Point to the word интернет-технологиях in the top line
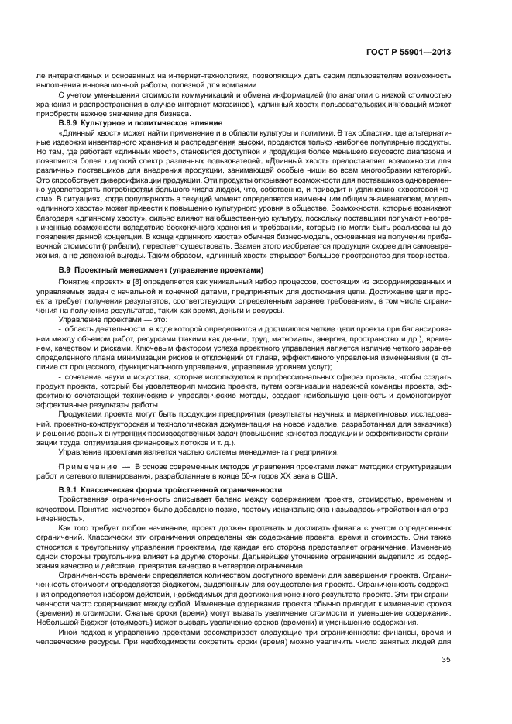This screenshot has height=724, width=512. point(163,75)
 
